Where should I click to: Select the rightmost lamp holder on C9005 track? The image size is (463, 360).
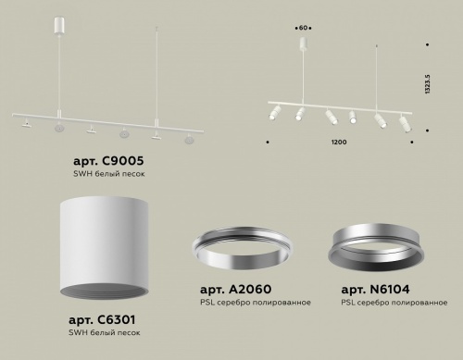click(x=190, y=138)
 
